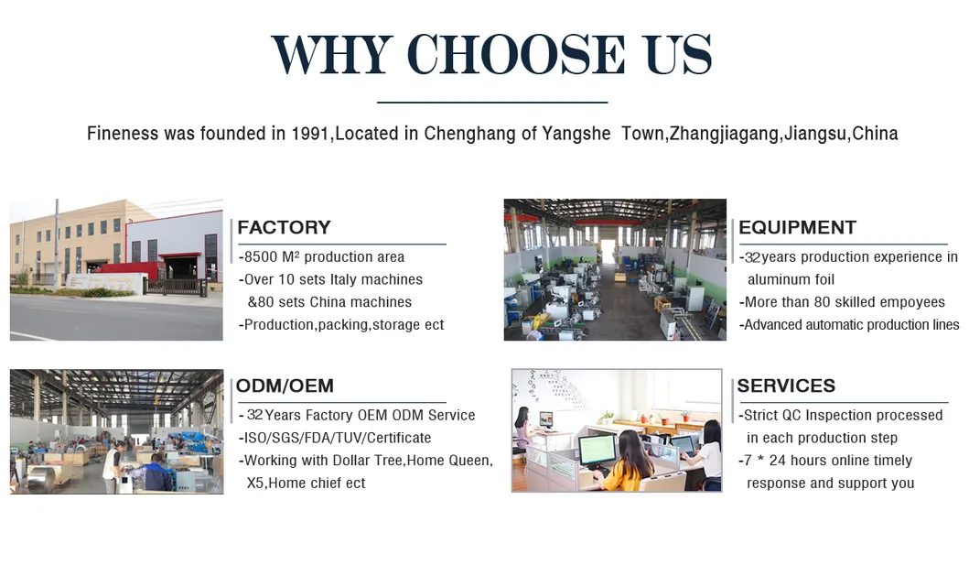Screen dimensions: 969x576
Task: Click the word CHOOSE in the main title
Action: click(x=516, y=54)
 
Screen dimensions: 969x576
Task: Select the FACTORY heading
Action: click(x=285, y=228)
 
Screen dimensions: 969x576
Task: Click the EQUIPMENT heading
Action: click(x=797, y=228)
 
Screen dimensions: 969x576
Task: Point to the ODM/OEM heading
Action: click(x=285, y=386)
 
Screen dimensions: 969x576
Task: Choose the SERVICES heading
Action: click(x=786, y=386)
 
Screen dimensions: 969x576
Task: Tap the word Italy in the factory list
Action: click(x=343, y=279)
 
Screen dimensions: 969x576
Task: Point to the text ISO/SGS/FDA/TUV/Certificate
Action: click(x=338, y=438)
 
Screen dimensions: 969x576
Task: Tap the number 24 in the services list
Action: click(x=778, y=461)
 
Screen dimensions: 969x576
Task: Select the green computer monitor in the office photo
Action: click(x=597, y=450)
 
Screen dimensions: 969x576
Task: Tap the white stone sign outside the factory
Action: click(x=106, y=283)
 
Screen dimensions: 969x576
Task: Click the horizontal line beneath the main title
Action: click(x=492, y=102)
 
